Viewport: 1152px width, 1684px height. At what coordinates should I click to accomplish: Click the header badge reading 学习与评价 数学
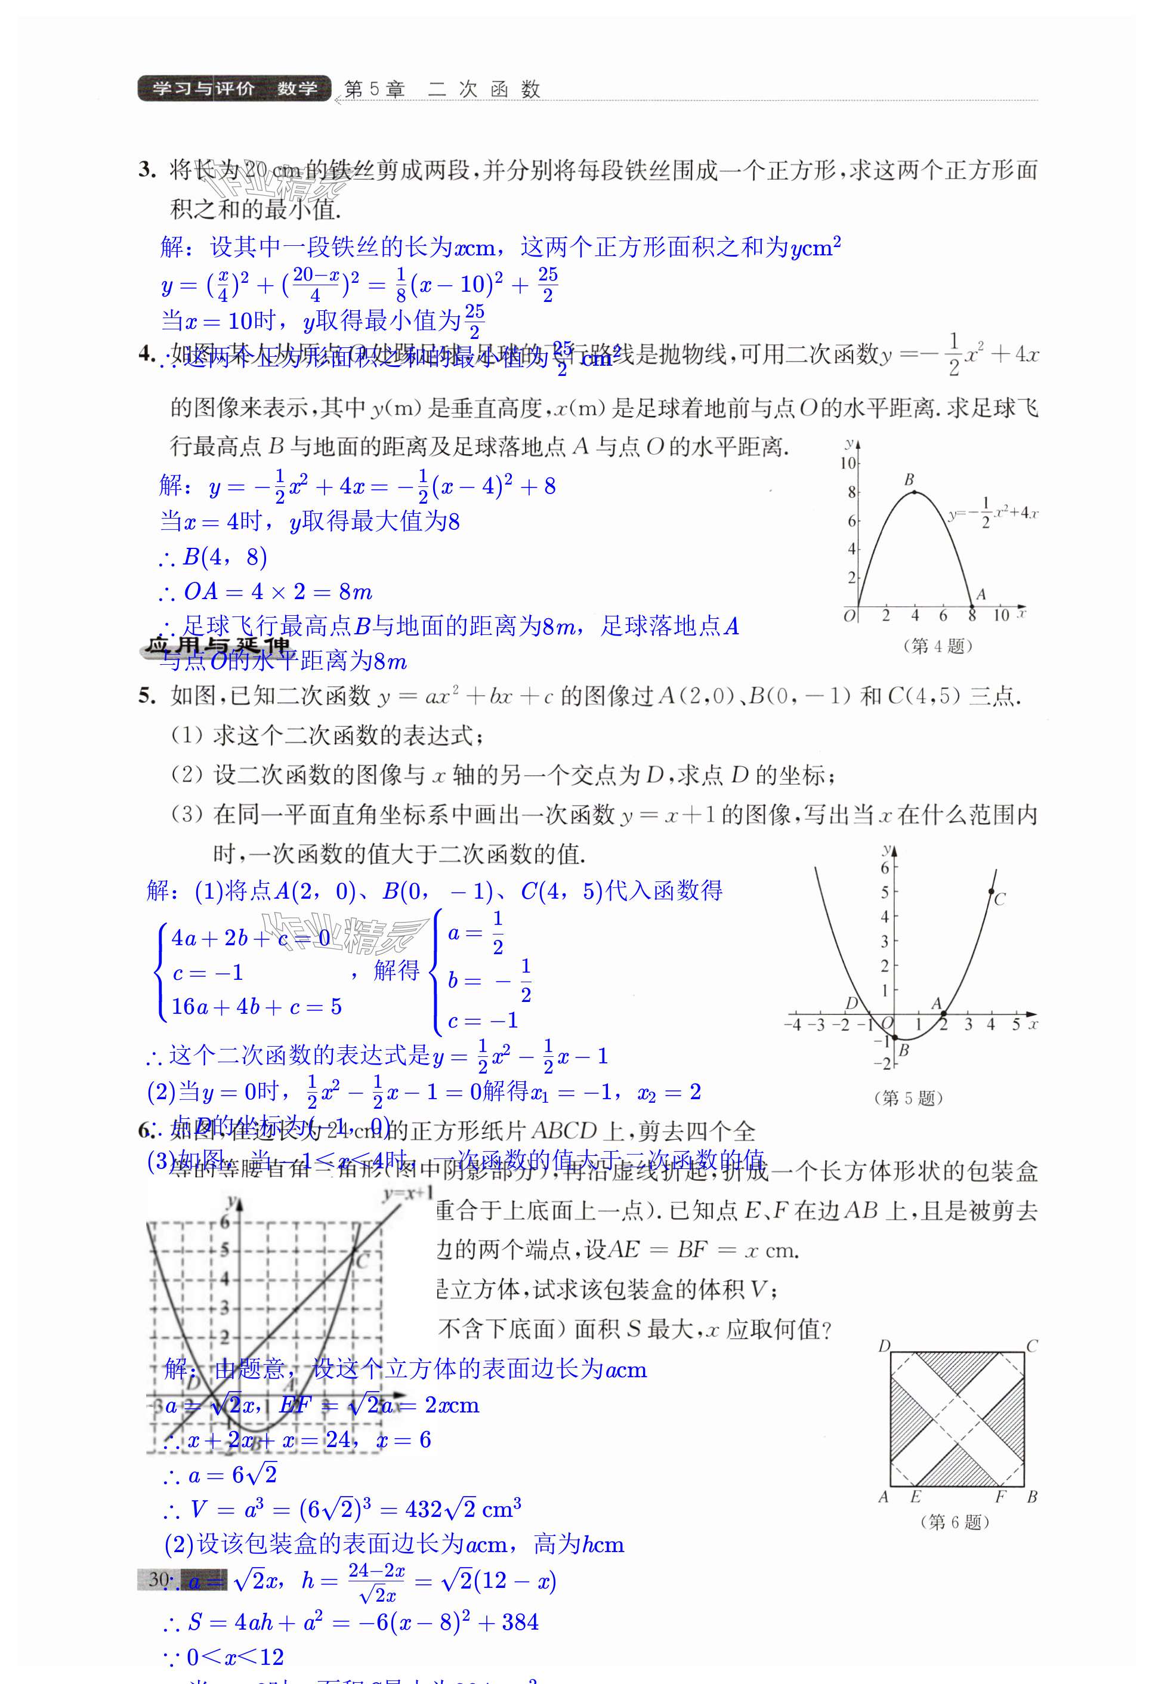pos(233,88)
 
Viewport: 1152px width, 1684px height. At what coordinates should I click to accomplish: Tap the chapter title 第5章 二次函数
pos(442,89)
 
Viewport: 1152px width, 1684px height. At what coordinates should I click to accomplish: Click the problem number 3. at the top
pos(147,170)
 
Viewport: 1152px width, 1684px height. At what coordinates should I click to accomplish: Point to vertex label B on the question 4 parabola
pos(909,480)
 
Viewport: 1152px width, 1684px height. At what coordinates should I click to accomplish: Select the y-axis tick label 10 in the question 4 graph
pos(848,464)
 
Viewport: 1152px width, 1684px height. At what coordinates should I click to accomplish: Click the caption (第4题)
pos(938,646)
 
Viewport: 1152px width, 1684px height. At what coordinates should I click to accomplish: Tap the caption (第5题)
pos(909,1098)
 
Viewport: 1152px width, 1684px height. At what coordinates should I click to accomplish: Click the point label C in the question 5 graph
pos(1000,899)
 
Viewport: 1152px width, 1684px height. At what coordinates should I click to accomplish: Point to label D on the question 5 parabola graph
pos(852,1003)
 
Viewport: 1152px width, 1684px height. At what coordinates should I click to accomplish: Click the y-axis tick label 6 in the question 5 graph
pos(885,868)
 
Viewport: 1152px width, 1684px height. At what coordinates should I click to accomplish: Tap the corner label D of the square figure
pos(884,1346)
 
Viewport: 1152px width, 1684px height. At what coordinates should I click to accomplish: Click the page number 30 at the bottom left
pos(159,1579)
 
